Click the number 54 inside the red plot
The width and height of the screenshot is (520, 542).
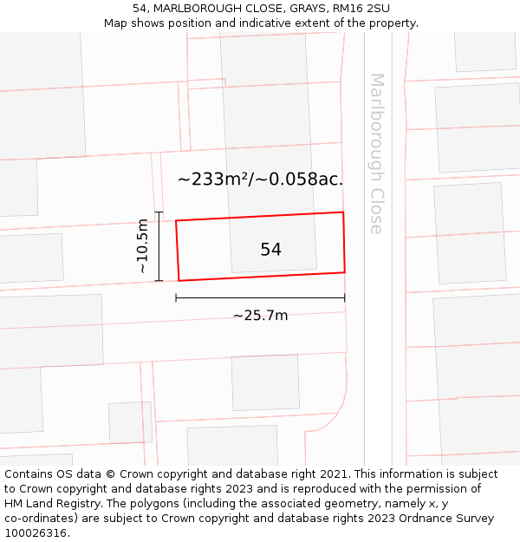(270, 250)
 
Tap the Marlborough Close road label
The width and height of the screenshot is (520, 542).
(376, 153)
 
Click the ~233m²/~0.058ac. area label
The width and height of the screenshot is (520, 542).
(260, 180)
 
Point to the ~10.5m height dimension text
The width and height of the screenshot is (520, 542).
(143, 246)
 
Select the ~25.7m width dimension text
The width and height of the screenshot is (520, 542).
(260, 316)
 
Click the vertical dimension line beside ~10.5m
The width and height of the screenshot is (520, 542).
(159, 246)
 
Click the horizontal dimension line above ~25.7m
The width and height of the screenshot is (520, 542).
(260, 298)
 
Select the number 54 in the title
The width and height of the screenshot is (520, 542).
(140, 9)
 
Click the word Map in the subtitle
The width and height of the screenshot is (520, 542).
(116, 23)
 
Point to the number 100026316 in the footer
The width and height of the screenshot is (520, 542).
(36, 533)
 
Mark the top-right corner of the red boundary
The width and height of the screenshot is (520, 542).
(343, 212)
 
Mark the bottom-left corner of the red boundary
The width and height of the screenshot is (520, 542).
(179, 280)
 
